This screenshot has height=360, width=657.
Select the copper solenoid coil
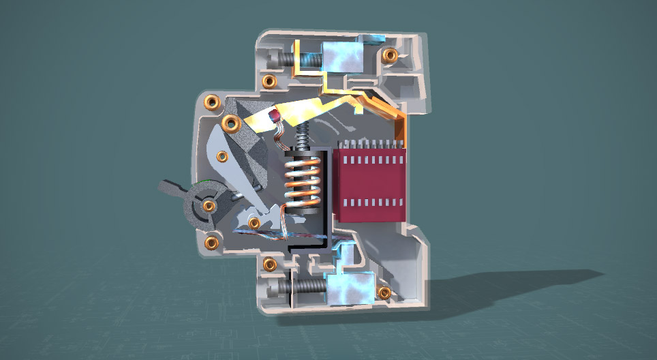(x=301, y=181)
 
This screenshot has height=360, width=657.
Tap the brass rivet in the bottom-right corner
(x=384, y=292)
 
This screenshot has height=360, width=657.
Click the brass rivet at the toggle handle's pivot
(x=209, y=205)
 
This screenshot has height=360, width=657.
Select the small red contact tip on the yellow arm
(x=275, y=117)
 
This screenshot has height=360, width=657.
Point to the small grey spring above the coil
(x=302, y=136)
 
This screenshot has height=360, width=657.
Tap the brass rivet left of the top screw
(x=269, y=82)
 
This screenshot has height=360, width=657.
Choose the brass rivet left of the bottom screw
(x=269, y=263)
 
